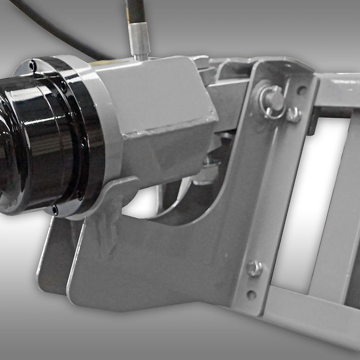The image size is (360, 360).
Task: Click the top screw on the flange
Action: (31, 66)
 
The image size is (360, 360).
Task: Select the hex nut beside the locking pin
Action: (294, 114)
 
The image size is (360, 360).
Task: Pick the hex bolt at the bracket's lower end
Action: (254, 269)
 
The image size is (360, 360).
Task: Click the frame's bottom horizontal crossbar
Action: (310, 310)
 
